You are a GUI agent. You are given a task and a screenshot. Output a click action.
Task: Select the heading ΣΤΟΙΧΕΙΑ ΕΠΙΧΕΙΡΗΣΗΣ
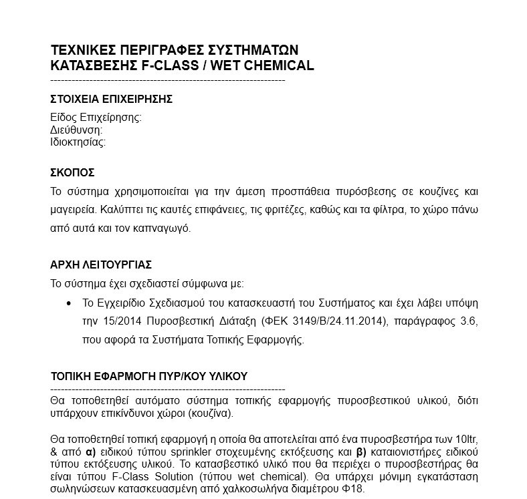(x=112, y=100)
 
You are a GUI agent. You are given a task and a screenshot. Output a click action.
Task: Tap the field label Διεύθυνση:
(x=76, y=130)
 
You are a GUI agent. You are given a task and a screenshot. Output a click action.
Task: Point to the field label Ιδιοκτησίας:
(x=78, y=142)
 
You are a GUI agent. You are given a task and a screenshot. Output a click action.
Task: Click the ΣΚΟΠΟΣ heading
(x=73, y=172)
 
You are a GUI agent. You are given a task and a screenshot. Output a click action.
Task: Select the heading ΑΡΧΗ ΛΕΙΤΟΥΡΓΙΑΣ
(x=106, y=265)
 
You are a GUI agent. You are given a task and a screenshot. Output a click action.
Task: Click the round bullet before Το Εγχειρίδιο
(x=68, y=303)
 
